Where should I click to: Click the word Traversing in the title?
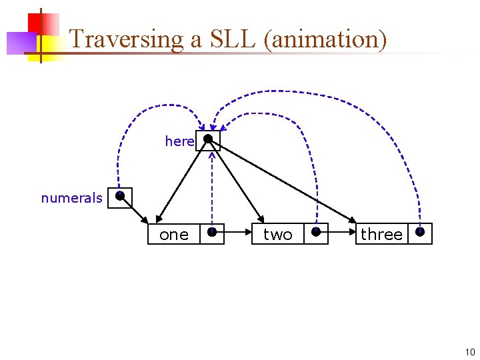click(x=126, y=40)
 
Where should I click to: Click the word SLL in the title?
click(x=232, y=39)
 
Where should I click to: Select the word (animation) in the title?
click(x=325, y=40)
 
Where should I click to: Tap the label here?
click(x=179, y=141)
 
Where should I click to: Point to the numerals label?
click(x=71, y=198)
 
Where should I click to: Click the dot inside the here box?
click(x=208, y=139)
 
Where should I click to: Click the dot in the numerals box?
click(x=119, y=196)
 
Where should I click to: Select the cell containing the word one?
click(x=174, y=234)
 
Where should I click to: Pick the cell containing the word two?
click(x=277, y=234)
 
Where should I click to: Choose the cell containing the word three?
click(x=381, y=234)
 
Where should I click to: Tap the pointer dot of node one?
click(x=211, y=232)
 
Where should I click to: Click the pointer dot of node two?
click(x=316, y=232)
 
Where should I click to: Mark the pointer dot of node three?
click(x=420, y=232)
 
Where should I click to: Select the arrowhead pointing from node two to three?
click(x=351, y=234)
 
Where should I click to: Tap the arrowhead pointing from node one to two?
click(x=247, y=234)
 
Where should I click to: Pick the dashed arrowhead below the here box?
click(x=211, y=156)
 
